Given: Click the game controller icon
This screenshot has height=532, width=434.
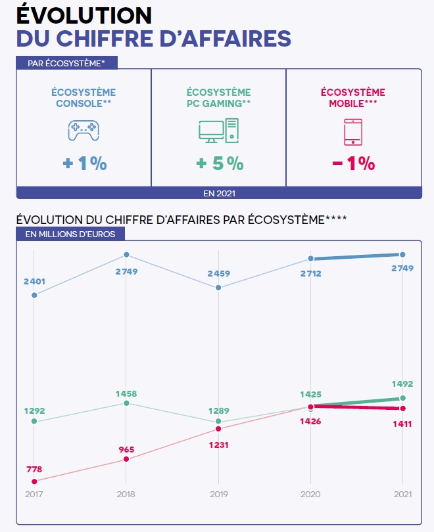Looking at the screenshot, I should pyautogui.click(x=84, y=130).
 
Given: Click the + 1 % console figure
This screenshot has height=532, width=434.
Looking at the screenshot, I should pyautogui.click(x=84, y=164).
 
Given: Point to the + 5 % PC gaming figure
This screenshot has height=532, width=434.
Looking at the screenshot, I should pyautogui.click(x=219, y=164).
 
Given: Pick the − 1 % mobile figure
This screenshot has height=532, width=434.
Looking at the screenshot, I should pyautogui.click(x=354, y=164).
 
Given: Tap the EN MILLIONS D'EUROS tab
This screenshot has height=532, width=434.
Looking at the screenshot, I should pyautogui.click(x=69, y=234).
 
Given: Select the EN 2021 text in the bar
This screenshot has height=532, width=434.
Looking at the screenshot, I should pyautogui.click(x=219, y=193).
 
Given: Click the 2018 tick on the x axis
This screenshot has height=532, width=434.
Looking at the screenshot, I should pyautogui.click(x=126, y=494).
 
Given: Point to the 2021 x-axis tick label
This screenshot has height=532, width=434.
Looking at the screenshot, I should pyautogui.click(x=403, y=494).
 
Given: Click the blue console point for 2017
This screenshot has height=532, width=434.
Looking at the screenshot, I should pyautogui.click(x=34, y=295).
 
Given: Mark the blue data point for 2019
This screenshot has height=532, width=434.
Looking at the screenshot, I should pyautogui.click(x=218, y=288).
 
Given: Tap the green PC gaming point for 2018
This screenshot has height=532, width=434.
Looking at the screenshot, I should pyautogui.click(x=126, y=403).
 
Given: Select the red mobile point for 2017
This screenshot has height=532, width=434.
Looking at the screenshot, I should pyautogui.click(x=34, y=481).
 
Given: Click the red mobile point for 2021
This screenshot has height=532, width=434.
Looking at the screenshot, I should pyautogui.click(x=403, y=409).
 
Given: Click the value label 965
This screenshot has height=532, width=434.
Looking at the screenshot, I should pyautogui.click(x=126, y=449).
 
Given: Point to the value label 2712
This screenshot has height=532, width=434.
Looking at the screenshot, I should pyautogui.click(x=310, y=273).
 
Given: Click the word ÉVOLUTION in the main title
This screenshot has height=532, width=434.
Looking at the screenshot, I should pyautogui.click(x=84, y=14).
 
